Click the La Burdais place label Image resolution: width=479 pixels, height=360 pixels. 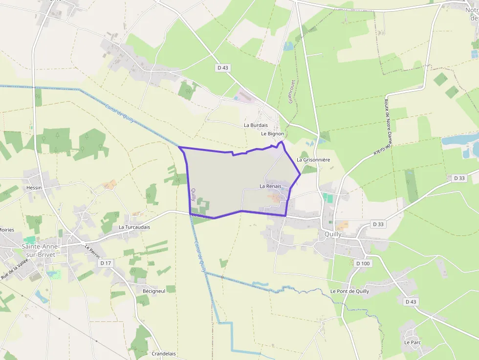click(x=256, y=125)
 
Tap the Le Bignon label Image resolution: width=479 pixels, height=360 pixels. click(x=272, y=133)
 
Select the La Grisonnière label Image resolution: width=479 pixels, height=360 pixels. click(x=313, y=160)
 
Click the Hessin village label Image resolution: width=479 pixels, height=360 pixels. click(x=34, y=188)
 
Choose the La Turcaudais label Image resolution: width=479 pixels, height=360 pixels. click(x=134, y=227)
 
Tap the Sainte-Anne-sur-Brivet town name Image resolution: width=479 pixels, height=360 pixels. click(x=41, y=250)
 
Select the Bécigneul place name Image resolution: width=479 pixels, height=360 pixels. click(x=153, y=291)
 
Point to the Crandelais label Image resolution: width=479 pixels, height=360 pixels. click(x=164, y=354)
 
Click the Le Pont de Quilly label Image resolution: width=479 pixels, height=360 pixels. click(x=349, y=291)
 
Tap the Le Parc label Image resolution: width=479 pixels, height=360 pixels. click(x=413, y=342)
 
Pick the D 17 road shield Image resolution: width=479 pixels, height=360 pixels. click(x=106, y=263)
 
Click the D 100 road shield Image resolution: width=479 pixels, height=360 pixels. click(x=363, y=263)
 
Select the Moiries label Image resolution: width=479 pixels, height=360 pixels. click(x=7, y=230)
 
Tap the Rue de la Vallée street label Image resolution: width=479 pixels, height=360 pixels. click(x=15, y=269)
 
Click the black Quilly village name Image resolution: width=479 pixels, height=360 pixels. click(x=333, y=234)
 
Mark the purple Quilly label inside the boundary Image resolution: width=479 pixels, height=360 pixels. click(x=194, y=195)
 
